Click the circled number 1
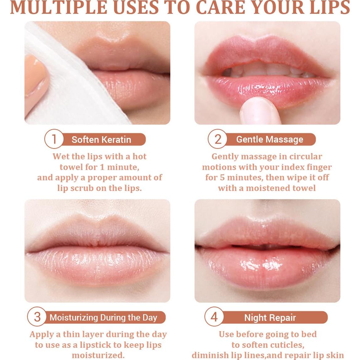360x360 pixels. (x=54, y=139)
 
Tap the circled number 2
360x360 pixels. (x=218, y=139)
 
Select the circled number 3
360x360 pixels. (x=37, y=317)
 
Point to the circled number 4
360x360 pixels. (x=214, y=317)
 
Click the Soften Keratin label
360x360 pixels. (x=101, y=140)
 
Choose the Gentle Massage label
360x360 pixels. (x=270, y=140)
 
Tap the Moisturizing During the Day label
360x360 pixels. (x=103, y=317)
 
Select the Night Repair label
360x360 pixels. (x=270, y=318)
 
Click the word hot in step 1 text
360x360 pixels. (x=140, y=156)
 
